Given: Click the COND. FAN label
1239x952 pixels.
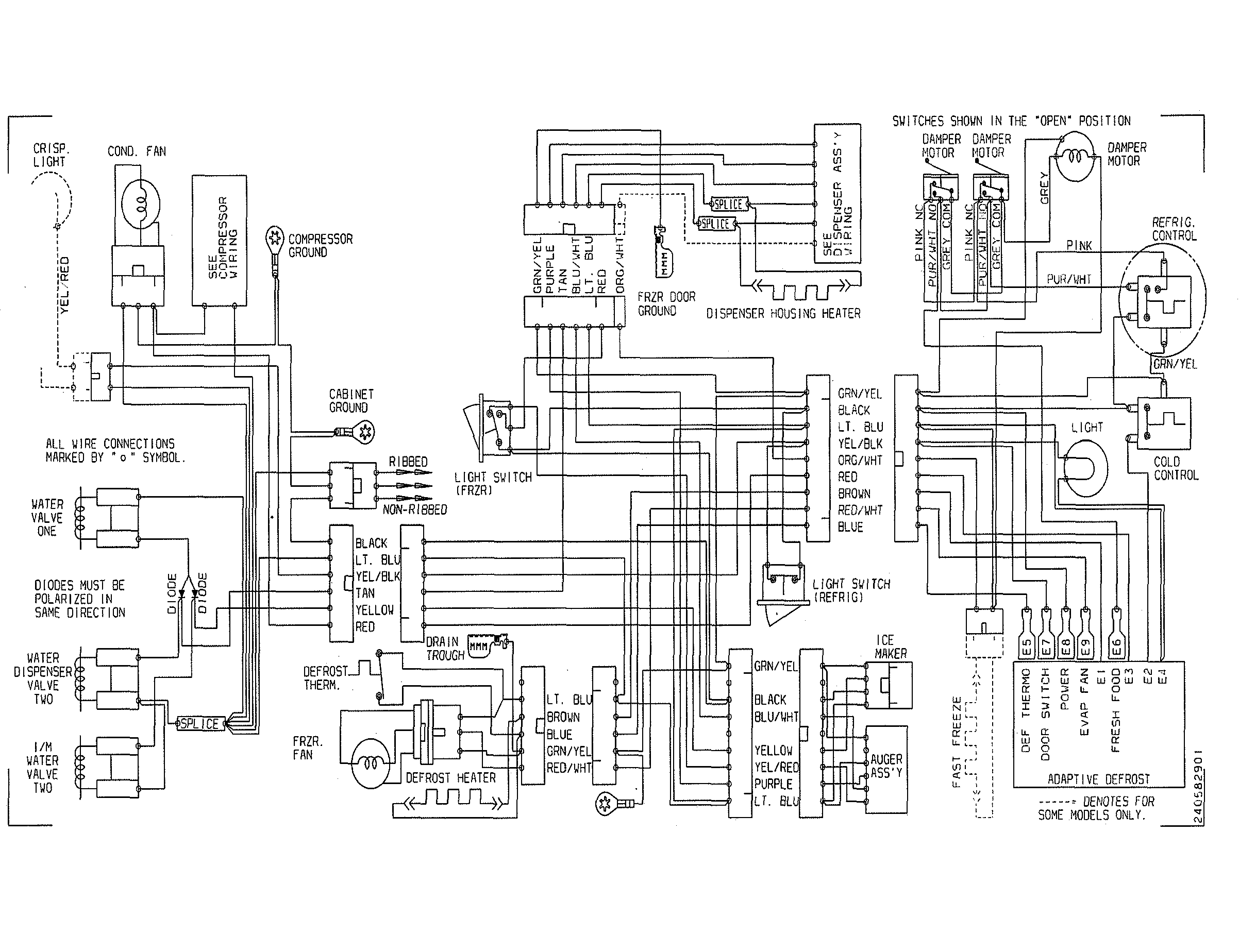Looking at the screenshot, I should click(x=137, y=152).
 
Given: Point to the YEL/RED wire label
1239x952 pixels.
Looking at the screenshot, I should click(x=65, y=285).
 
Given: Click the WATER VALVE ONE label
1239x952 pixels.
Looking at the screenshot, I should click(x=47, y=517).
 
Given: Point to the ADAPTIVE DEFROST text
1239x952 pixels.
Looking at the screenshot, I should click(x=1098, y=779).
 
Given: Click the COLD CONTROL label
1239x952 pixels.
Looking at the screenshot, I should click(x=1176, y=469).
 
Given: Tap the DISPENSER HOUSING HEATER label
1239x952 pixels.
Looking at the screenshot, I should click(x=783, y=313).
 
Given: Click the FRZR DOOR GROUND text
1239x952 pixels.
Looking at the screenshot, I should click(x=666, y=304).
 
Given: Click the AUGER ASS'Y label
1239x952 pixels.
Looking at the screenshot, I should click(x=886, y=766).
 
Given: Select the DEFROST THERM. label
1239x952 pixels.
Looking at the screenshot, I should click(x=325, y=678).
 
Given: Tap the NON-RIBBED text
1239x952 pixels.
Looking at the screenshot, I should click(x=414, y=510).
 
